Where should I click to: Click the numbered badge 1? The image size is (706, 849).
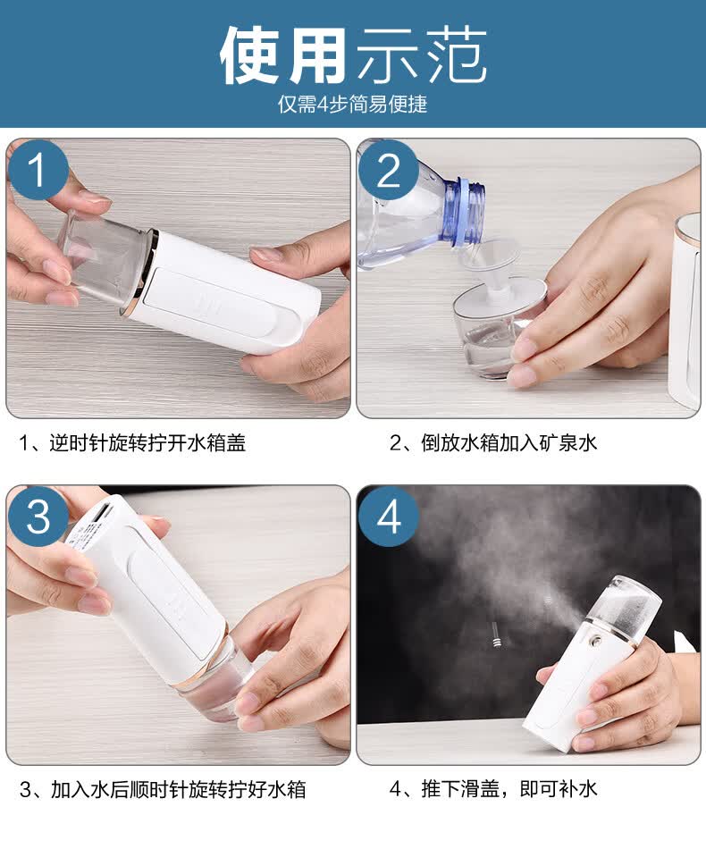coord(38,170)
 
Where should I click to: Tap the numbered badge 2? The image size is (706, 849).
coord(388,170)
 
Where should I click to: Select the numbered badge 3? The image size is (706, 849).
coord(38,516)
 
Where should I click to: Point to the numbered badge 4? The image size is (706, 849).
coord(388,516)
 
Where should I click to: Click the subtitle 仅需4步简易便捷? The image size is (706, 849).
coord(352,104)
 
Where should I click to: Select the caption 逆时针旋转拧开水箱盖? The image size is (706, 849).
coord(147,443)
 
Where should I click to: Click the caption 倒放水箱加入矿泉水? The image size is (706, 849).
coord(508,443)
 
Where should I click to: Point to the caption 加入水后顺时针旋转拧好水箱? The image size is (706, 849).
coord(179,789)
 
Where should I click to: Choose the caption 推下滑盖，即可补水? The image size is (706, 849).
coord(508,788)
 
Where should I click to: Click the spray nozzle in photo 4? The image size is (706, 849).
coord(596,640)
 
